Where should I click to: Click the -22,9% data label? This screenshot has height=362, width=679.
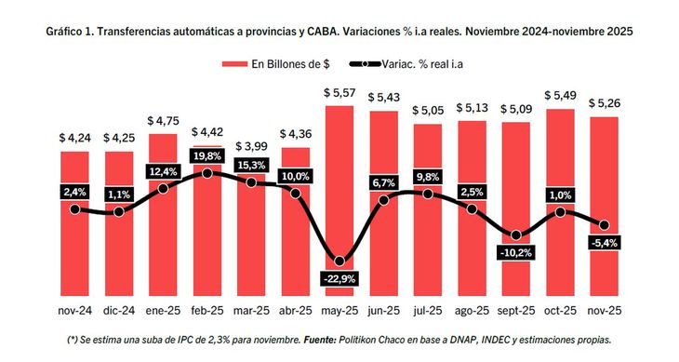click(x=339, y=279)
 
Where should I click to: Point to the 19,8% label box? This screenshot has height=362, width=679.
click(x=207, y=155)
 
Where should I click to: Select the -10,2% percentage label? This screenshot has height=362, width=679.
click(x=516, y=252)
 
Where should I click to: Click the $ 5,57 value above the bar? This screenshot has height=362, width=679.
click(x=339, y=93)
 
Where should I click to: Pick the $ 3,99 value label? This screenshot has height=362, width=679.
click(x=251, y=146)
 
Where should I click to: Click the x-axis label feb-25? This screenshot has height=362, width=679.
click(x=207, y=309)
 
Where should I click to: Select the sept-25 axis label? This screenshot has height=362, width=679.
click(x=516, y=309)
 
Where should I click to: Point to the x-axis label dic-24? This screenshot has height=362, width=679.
click(x=119, y=309)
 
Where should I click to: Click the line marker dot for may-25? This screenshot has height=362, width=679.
click(x=339, y=261)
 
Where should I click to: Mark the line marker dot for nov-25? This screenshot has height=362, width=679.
click(x=604, y=225)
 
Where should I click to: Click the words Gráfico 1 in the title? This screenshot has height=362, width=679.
click(x=73, y=32)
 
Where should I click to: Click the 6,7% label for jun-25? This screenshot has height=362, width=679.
click(x=383, y=181)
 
